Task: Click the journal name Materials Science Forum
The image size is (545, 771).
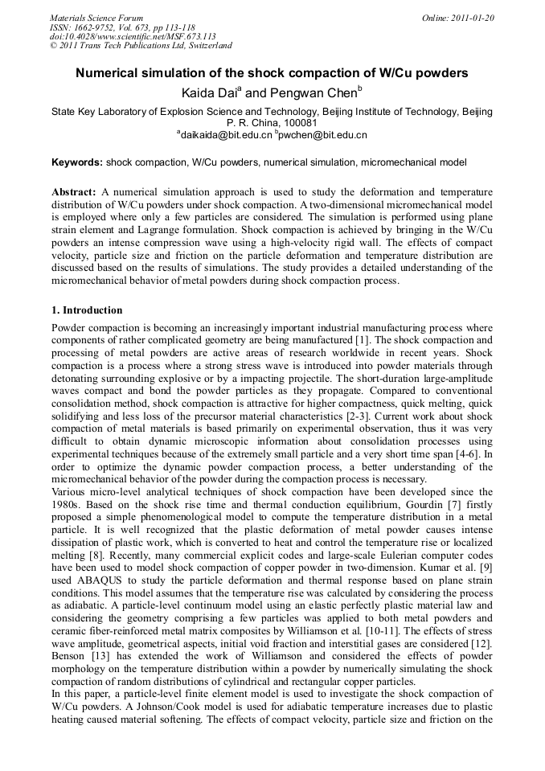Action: [x=96, y=18]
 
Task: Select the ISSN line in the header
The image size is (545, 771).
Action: [x=121, y=27]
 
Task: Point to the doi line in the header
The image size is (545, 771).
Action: [x=133, y=36]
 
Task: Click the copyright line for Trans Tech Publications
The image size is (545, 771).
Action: [x=141, y=46]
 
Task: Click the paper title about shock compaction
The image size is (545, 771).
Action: [x=272, y=73]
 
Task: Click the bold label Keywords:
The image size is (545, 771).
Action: [x=77, y=162]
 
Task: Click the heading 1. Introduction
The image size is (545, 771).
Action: [x=87, y=310]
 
